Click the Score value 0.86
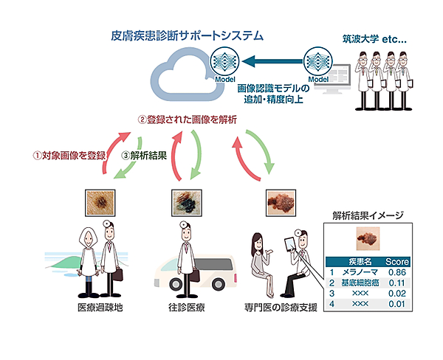click(398, 272)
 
